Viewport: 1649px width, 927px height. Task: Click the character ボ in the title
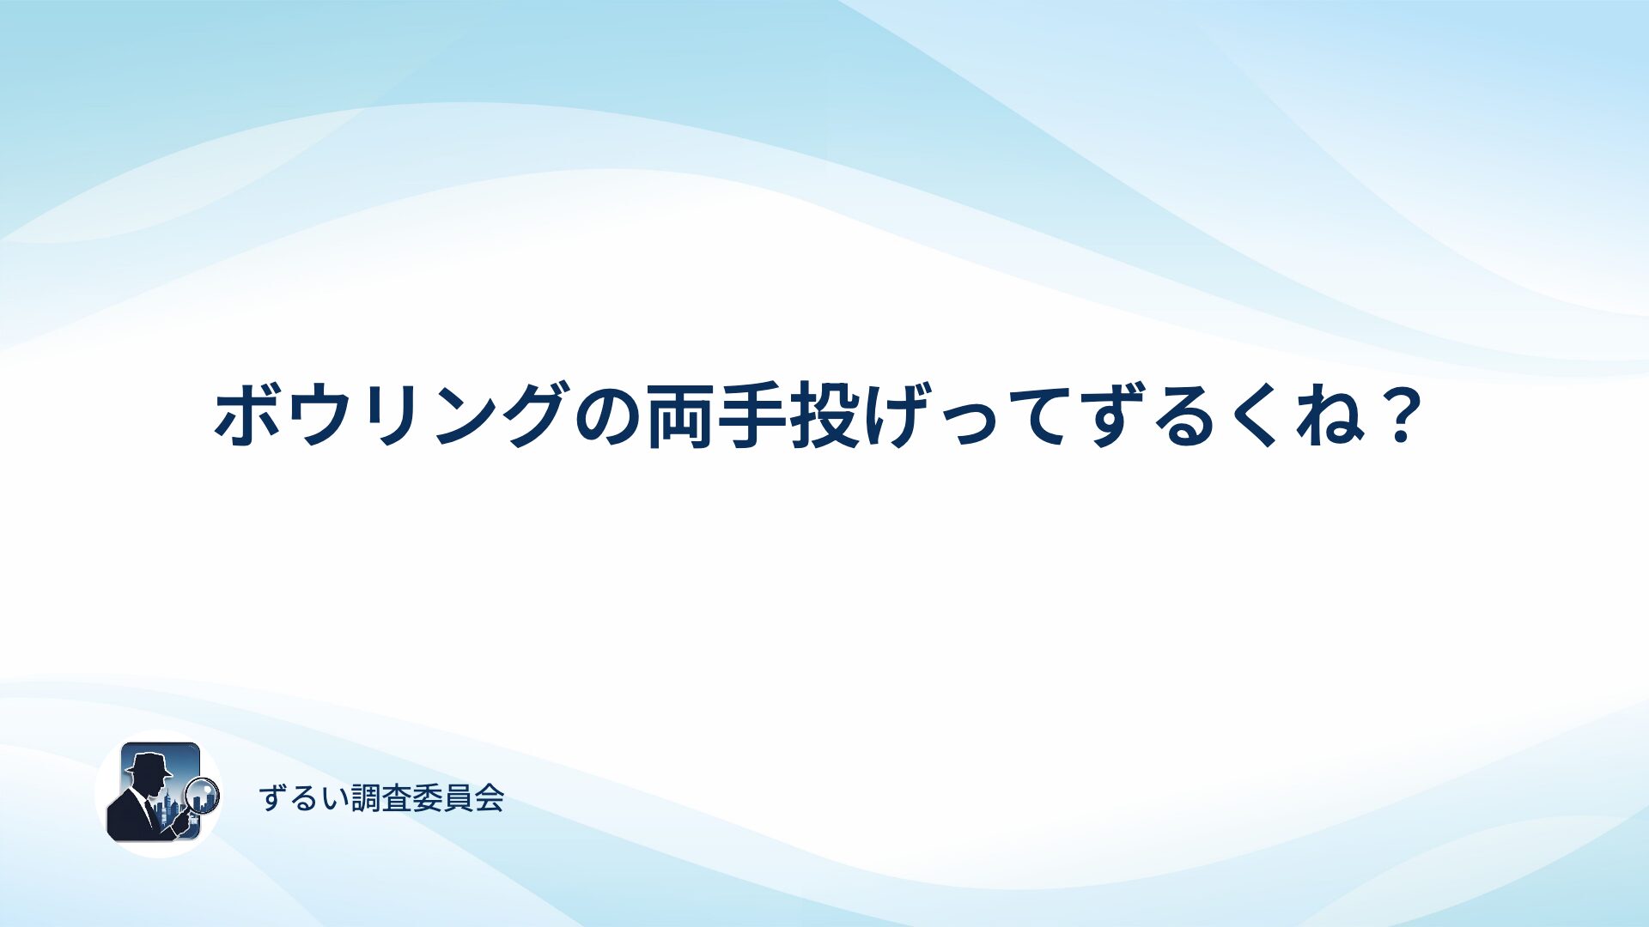point(249,414)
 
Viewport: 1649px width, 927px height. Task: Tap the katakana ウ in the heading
point(319,415)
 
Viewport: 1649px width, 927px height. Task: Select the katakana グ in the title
point(537,414)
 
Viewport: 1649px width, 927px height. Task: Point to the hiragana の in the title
point(610,416)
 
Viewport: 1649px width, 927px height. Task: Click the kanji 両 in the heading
point(682,415)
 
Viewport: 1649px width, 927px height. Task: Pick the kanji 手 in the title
point(754,415)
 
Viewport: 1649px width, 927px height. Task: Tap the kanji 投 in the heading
point(826,415)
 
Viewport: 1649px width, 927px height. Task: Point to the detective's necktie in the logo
point(150,812)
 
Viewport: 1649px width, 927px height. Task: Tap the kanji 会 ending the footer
point(489,798)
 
